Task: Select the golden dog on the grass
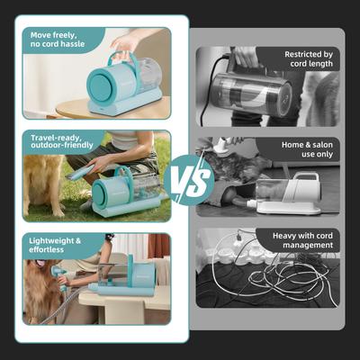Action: [x=42, y=180]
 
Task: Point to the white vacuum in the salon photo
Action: [x=288, y=193]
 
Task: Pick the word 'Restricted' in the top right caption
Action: [x=284, y=53]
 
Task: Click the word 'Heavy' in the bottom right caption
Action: [x=271, y=234]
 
